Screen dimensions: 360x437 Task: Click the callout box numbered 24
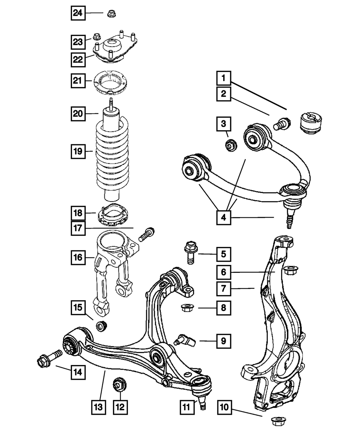(78, 13)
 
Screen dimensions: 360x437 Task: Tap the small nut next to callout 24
(111, 14)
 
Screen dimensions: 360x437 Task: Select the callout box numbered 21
(78, 81)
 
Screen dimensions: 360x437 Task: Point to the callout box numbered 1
(224, 78)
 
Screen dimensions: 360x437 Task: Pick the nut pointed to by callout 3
(231, 145)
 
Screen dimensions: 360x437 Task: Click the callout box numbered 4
(224, 218)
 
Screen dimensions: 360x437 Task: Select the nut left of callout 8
(187, 308)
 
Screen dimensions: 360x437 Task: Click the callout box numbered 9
(224, 341)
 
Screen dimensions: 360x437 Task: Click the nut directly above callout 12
(119, 384)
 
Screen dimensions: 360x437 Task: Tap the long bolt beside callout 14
(49, 358)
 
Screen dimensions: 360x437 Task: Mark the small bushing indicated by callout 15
(101, 326)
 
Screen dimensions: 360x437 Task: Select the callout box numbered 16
(78, 257)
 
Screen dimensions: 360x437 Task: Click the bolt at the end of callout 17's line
(147, 234)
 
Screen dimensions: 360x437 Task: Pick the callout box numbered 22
(78, 60)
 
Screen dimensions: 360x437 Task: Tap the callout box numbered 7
(224, 289)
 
